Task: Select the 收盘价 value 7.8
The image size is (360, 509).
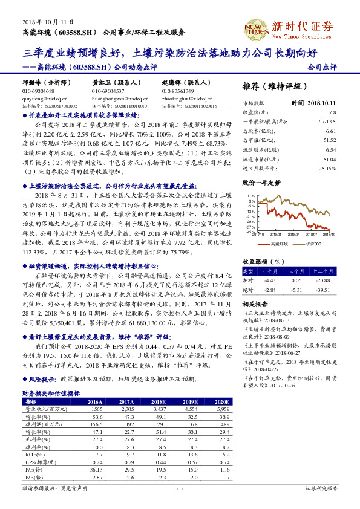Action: [332, 112]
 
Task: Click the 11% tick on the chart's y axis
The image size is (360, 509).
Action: [250, 196]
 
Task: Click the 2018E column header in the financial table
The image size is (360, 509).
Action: [158, 401]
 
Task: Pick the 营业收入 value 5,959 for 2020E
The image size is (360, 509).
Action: [223, 409]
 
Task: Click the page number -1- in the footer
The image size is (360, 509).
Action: [180, 488]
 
